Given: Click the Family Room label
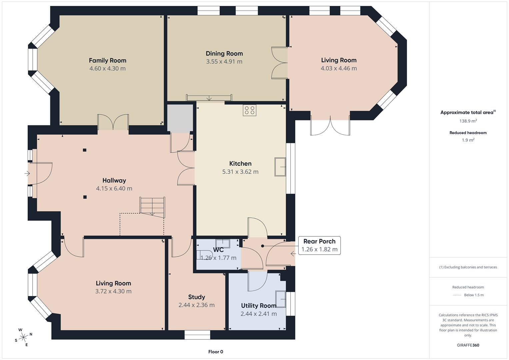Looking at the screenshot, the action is [107, 60].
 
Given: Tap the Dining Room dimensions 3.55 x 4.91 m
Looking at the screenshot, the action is [224, 62].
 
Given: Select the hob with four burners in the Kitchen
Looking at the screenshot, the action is [250, 110].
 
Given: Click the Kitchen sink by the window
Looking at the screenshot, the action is [280, 167].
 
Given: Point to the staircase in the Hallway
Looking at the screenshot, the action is [152, 207].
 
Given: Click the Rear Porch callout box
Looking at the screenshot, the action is [319, 245].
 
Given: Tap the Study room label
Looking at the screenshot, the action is [197, 297].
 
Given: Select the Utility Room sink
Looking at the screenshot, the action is [281, 299].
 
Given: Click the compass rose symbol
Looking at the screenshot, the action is [23, 337].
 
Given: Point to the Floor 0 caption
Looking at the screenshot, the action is [216, 352].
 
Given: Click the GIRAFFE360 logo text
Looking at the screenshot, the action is [468, 345].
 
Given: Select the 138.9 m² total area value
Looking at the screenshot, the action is [468, 121].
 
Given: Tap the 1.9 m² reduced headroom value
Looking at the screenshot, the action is [468, 140].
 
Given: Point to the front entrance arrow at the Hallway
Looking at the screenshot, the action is [27, 174].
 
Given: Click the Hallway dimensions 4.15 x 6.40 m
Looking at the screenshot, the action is [114, 188].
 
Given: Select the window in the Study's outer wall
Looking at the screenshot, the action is [197, 335].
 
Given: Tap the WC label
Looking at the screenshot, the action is [218, 250].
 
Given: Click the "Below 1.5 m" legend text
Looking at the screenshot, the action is [474, 295].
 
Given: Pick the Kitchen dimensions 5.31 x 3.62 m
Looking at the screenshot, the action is [240, 172].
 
